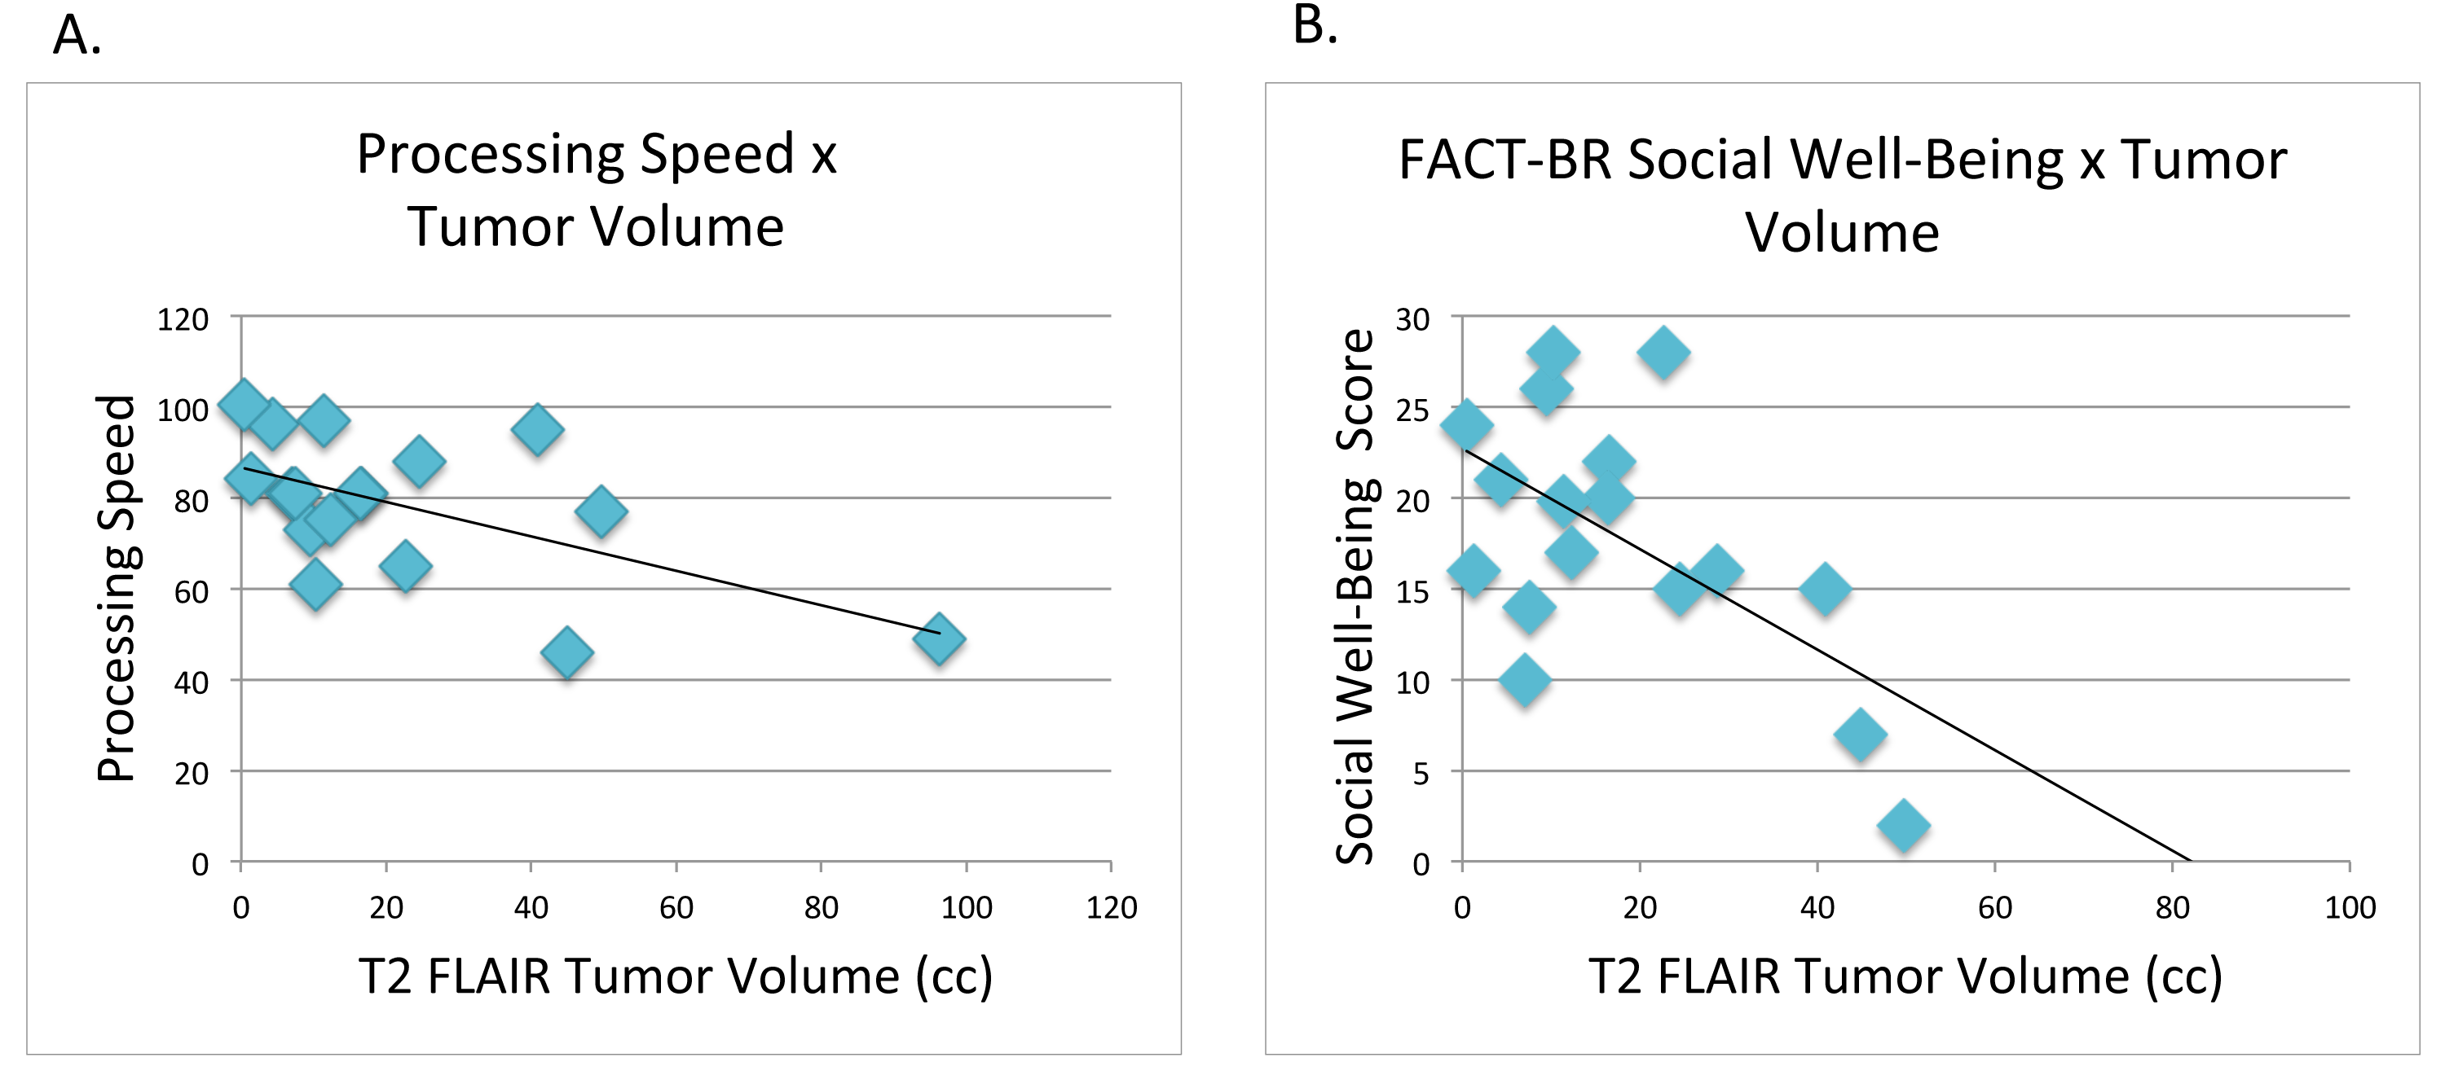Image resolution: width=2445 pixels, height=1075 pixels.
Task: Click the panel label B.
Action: pos(1315,24)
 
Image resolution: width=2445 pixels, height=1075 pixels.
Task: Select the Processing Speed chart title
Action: pos(596,190)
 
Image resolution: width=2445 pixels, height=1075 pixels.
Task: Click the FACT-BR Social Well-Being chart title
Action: pos(1842,195)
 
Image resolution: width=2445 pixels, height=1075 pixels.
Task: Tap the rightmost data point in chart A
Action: pos(939,638)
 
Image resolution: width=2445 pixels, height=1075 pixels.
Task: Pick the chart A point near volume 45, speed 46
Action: pos(566,653)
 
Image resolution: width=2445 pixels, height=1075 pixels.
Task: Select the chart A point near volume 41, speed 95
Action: pos(537,430)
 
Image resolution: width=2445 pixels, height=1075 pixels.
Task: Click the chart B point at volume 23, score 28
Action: pos(1663,353)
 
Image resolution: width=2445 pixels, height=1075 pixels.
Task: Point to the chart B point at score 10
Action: pos(1526,680)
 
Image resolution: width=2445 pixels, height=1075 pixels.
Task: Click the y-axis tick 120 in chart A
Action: pos(183,320)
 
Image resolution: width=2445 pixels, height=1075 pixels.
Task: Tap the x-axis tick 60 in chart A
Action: pos(676,908)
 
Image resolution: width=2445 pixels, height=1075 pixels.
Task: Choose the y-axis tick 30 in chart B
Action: pos(1412,320)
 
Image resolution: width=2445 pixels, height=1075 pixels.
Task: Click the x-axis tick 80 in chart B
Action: pos(2172,908)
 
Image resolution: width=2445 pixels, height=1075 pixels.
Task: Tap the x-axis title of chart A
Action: pos(675,976)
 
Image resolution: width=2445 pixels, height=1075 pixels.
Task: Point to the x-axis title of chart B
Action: pos(1905,976)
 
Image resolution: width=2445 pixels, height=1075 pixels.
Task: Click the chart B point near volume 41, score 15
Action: pos(1824,589)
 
